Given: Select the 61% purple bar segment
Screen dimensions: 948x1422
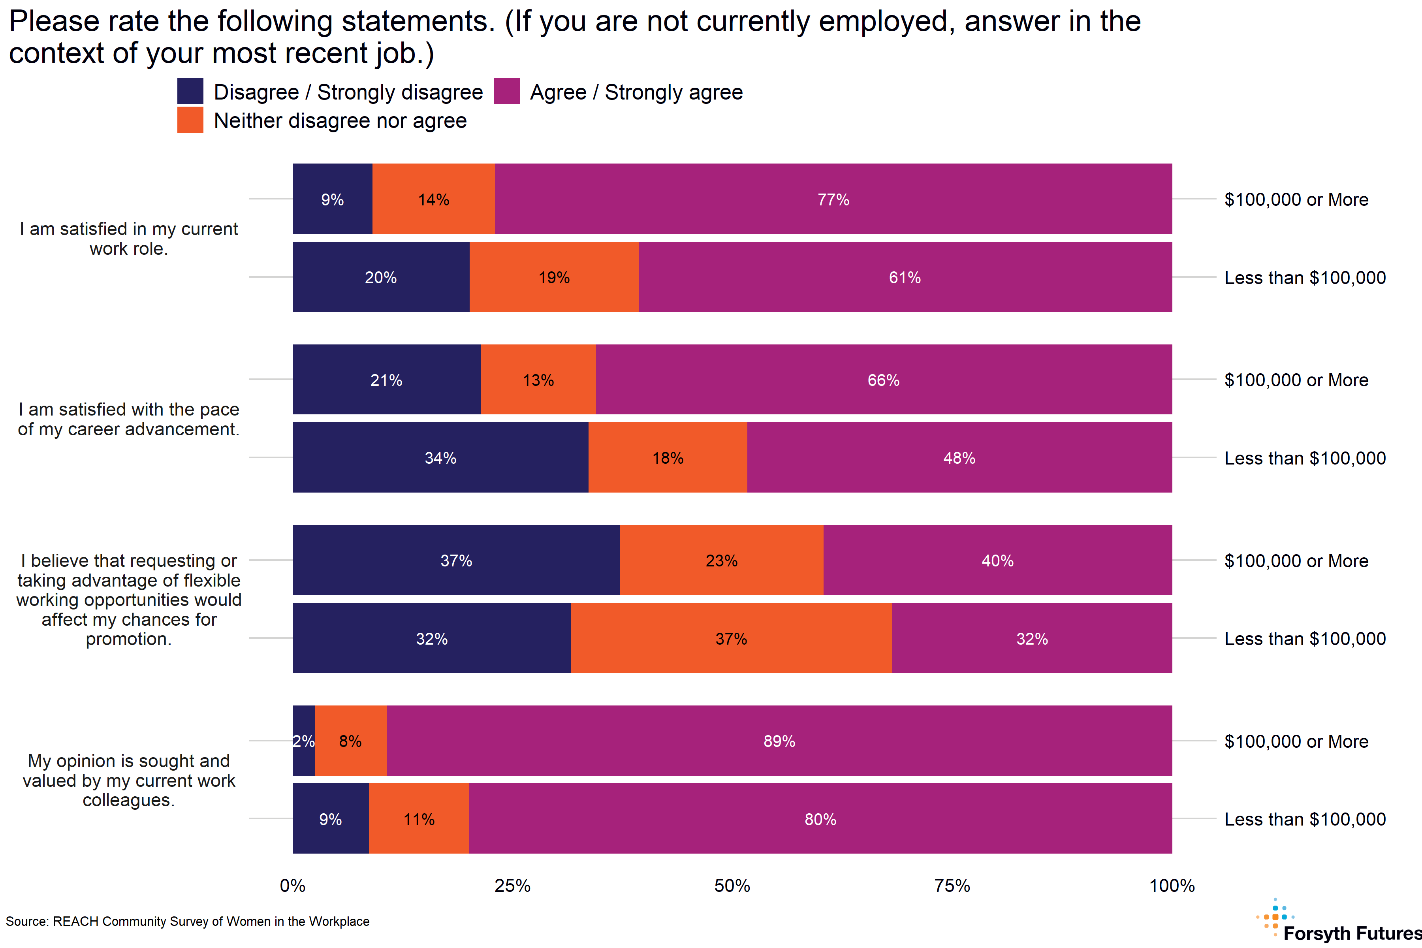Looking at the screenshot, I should coord(905,277).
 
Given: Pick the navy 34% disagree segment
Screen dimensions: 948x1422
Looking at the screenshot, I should coord(440,458).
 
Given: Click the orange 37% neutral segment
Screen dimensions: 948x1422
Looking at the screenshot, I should coord(731,638).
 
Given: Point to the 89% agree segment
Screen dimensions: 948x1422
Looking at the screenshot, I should coord(779,741).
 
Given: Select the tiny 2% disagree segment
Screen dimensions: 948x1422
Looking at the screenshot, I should coord(303,741).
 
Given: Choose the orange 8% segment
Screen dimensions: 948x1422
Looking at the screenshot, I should coord(351,741).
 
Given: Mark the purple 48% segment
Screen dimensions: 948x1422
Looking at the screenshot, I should coord(959,458).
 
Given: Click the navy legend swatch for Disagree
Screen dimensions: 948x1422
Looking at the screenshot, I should coord(190,91).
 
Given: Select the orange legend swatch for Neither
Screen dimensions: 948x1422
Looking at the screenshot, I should coord(190,120).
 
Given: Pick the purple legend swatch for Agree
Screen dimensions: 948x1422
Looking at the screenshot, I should coord(507,91).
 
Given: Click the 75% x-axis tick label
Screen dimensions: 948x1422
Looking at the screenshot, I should coord(952,886).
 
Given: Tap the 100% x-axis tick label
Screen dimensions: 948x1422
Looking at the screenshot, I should coord(1172,886).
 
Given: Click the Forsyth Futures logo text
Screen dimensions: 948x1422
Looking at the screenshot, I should coord(1352,933).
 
